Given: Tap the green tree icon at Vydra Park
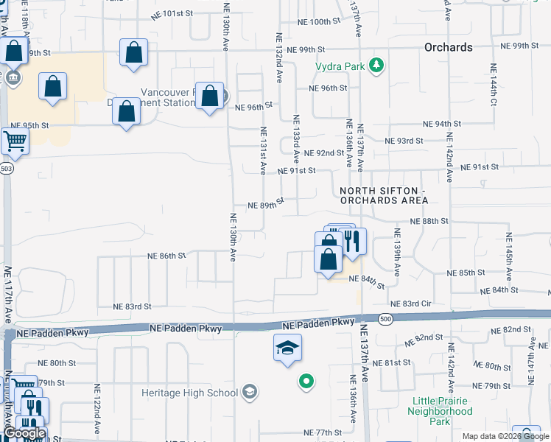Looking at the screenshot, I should click(x=377, y=66).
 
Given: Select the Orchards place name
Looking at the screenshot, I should click(x=448, y=47).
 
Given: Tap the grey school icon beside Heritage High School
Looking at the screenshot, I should click(x=250, y=391).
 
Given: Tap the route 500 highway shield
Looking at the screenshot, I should click(x=385, y=319).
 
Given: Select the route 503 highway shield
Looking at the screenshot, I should click(x=7, y=169).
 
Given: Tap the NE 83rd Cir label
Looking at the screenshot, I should click(x=410, y=304).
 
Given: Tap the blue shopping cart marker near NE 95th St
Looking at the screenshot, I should click(x=15, y=141).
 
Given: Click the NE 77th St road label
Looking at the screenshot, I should click(x=323, y=432).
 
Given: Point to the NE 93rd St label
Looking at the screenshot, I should click(x=404, y=140).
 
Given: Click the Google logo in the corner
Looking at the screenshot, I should click(x=24, y=434).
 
